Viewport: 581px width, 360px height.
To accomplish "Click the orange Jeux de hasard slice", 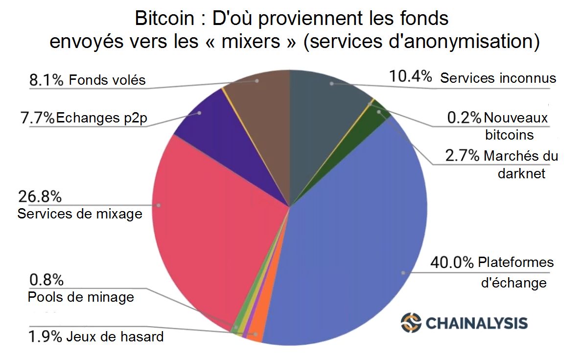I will pos(256,334).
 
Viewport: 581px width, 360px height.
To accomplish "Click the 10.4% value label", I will pos(410,77).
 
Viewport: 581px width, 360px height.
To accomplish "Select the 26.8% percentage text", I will pos(40,196).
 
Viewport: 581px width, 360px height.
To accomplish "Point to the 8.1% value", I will pos(47,80).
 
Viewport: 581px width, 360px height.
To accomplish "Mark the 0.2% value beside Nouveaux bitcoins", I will pos(465,118).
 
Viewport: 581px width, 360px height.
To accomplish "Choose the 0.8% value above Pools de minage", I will pos(46,280).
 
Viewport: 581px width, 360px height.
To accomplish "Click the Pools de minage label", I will pos(81,297).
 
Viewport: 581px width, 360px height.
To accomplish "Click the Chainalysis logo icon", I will pos(411,322).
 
